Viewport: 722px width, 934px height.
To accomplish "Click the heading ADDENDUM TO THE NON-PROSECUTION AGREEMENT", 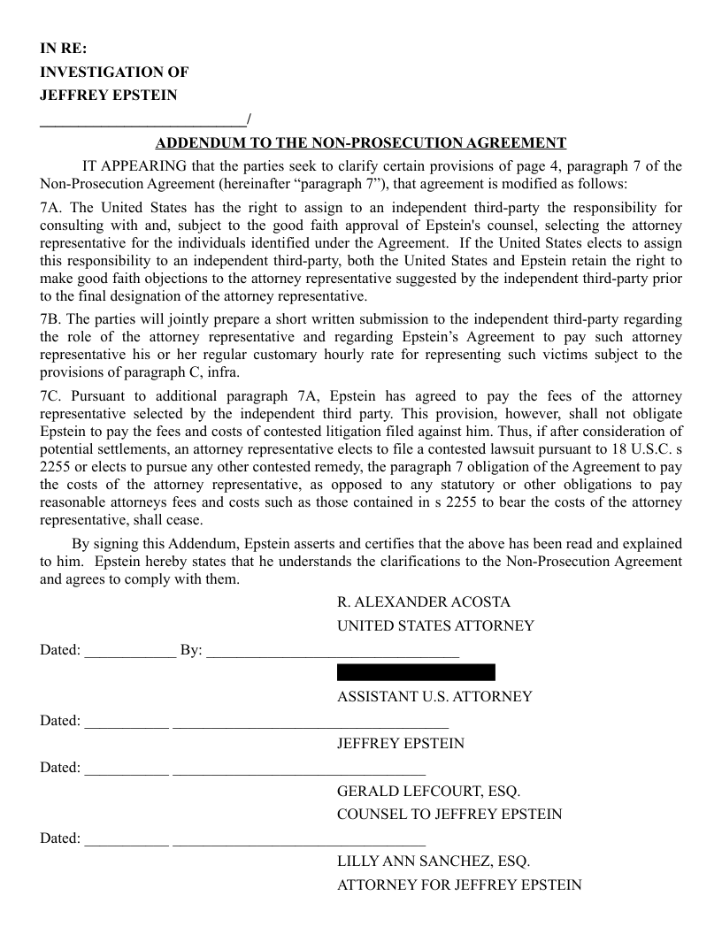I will [361, 142].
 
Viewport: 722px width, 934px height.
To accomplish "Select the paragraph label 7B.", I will [51, 319].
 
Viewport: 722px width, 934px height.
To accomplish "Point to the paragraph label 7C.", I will [51, 396].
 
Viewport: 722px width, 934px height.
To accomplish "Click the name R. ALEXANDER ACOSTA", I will [424, 602].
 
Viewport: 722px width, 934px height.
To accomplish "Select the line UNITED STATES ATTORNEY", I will [435, 626].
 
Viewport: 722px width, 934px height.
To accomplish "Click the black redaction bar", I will [416, 673].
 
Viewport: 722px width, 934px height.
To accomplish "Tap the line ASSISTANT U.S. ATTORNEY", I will [434, 697].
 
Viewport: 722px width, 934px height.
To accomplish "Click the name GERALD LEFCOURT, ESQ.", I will [428, 791].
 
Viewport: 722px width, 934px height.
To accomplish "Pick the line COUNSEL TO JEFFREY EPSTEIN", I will [449, 815].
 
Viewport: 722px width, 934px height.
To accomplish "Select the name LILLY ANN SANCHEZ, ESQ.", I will [434, 861].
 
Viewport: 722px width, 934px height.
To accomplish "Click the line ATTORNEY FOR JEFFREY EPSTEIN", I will [459, 884].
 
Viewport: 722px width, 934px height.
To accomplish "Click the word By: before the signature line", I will [191, 651].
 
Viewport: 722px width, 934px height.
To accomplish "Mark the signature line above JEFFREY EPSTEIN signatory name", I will [311, 725].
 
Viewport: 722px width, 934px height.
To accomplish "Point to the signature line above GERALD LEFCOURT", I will [299, 772].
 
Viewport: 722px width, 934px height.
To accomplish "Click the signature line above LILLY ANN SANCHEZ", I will [299, 843].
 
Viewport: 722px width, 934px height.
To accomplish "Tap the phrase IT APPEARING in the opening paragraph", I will [134, 166].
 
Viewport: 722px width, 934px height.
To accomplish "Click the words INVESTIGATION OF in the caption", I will [114, 73].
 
